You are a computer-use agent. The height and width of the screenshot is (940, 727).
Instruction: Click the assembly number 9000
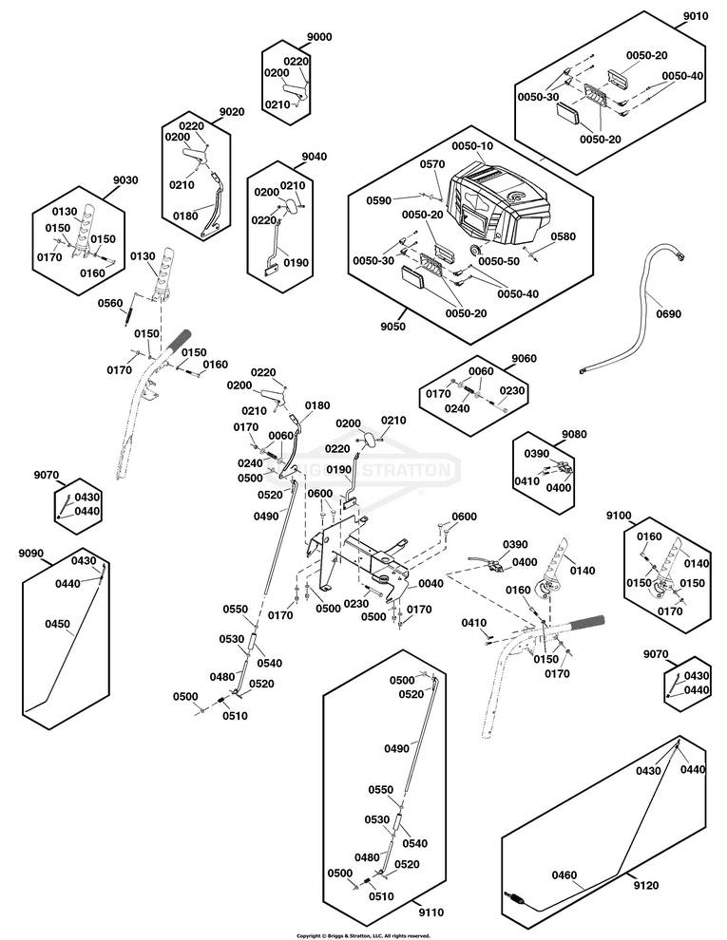coord(319,36)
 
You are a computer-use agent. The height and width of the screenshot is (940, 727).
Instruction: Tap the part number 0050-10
coord(472,147)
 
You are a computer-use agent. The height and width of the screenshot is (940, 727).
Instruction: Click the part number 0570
coord(432,164)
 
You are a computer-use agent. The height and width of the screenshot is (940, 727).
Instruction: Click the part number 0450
coord(58,625)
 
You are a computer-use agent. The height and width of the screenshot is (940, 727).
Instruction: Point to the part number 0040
coord(430,584)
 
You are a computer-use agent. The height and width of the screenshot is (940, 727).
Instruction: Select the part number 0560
coord(111,303)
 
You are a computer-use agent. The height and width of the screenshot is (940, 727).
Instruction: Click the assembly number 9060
coord(525,359)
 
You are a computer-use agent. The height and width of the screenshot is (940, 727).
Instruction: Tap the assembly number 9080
coord(574,435)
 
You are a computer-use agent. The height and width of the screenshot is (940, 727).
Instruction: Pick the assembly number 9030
coord(125,179)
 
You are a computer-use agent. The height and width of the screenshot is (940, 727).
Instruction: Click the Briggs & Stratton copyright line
coord(363,935)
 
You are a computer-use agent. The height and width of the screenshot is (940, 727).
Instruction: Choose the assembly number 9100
coord(619,515)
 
